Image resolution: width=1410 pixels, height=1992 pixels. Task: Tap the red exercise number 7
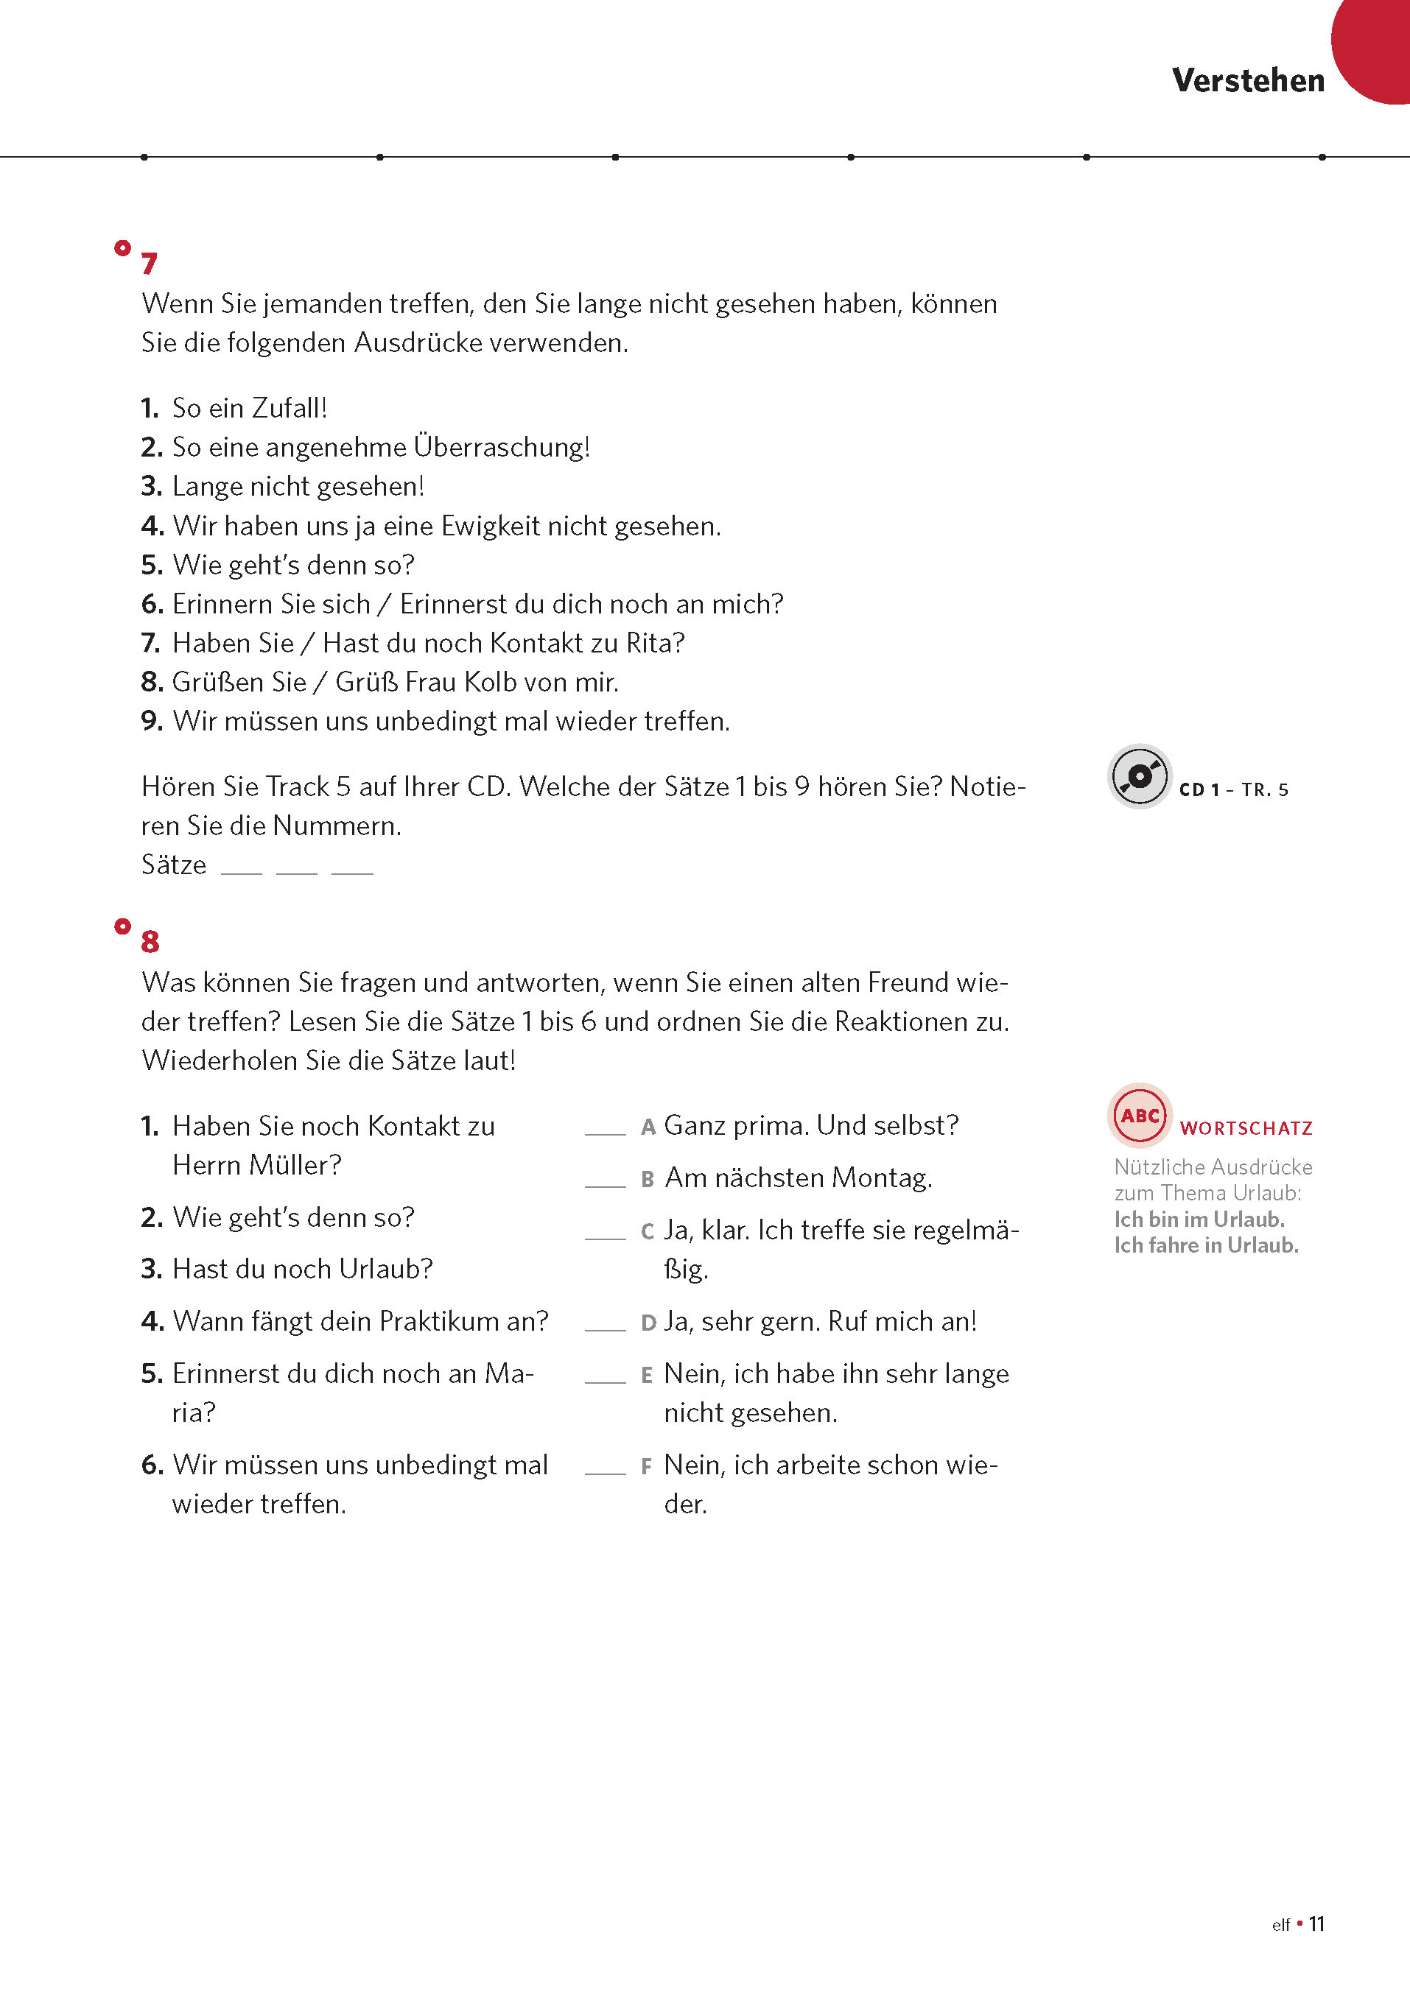(x=150, y=263)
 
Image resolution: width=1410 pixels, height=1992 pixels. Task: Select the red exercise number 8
(x=150, y=941)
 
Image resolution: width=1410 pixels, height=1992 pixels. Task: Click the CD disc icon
(x=1139, y=776)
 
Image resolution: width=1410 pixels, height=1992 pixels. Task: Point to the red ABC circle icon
(x=1139, y=1116)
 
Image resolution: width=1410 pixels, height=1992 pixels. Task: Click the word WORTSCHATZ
(x=1246, y=1128)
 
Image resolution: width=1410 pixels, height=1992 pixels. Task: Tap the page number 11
(x=1316, y=1924)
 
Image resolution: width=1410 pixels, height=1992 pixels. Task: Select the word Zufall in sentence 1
(x=288, y=408)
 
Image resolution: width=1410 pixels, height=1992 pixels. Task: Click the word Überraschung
(x=501, y=447)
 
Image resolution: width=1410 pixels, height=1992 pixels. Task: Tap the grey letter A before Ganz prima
(x=648, y=1127)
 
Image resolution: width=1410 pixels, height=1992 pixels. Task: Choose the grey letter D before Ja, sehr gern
(x=648, y=1323)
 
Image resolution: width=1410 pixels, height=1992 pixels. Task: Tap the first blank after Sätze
(x=242, y=870)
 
